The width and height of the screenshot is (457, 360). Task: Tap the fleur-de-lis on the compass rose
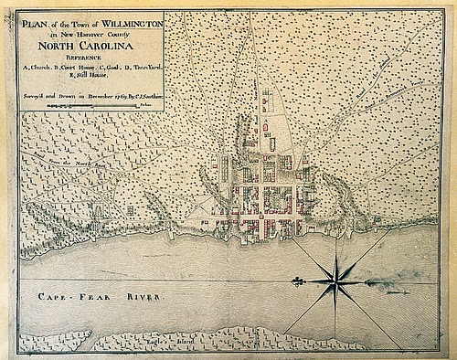coord(298,278)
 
